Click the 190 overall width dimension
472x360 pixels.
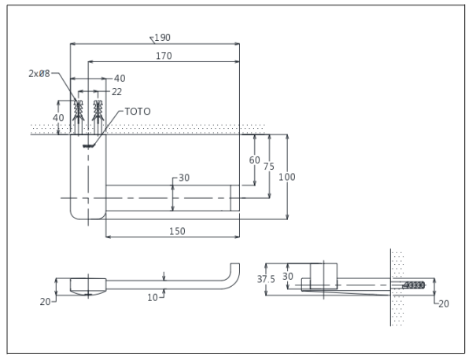click(163, 37)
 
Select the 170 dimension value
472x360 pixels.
click(164, 56)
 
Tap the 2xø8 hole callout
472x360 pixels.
click(39, 73)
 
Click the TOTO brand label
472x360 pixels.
click(137, 112)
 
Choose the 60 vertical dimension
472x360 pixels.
click(254, 160)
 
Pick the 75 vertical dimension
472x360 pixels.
click(269, 166)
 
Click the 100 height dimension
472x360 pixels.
click(287, 177)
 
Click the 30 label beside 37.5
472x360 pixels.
click(288, 276)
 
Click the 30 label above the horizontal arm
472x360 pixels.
click(184, 178)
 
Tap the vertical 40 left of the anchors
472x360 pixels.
click(58, 117)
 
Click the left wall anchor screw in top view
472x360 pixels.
click(78, 118)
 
